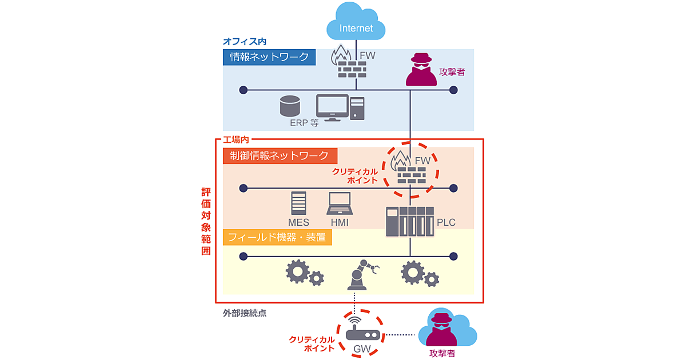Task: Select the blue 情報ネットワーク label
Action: point(269,57)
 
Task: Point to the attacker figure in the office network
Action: point(421,70)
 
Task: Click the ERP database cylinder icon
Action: point(290,106)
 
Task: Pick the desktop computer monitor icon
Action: point(333,107)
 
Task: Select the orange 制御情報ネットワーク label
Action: point(280,155)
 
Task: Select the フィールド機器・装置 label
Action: point(277,237)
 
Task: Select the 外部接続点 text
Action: point(245,313)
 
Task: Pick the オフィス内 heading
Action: point(244,42)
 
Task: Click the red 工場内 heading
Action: point(236,139)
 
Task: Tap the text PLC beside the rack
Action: point(446,222)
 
